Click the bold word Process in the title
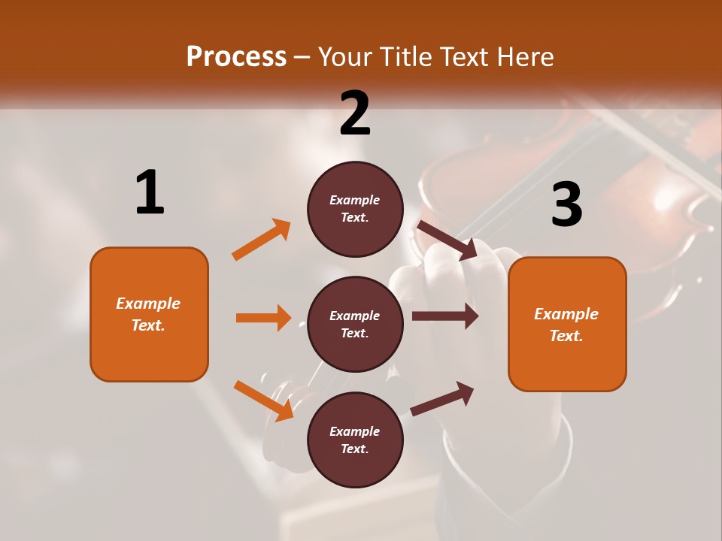click(x=236, y=57)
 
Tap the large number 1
click(x=150, y=192)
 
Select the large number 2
click(x=355, y=113)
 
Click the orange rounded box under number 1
click(x=149, y=314)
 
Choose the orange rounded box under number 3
click(x=567, y=324)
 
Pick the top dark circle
click(x=355, y=209)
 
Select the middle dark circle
click(x=355, y=324)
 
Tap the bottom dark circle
click(x=355, y=440)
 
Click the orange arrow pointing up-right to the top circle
click(x=262, y=240)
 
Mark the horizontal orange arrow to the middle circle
click(x=263, y=318)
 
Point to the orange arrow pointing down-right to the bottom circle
click(x=263, y=400)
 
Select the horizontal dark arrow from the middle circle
click(x=444, y=316)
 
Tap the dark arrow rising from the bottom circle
click(x=442, y=398)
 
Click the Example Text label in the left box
click(x=148, y=314)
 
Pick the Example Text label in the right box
click(x=566, y=325)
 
